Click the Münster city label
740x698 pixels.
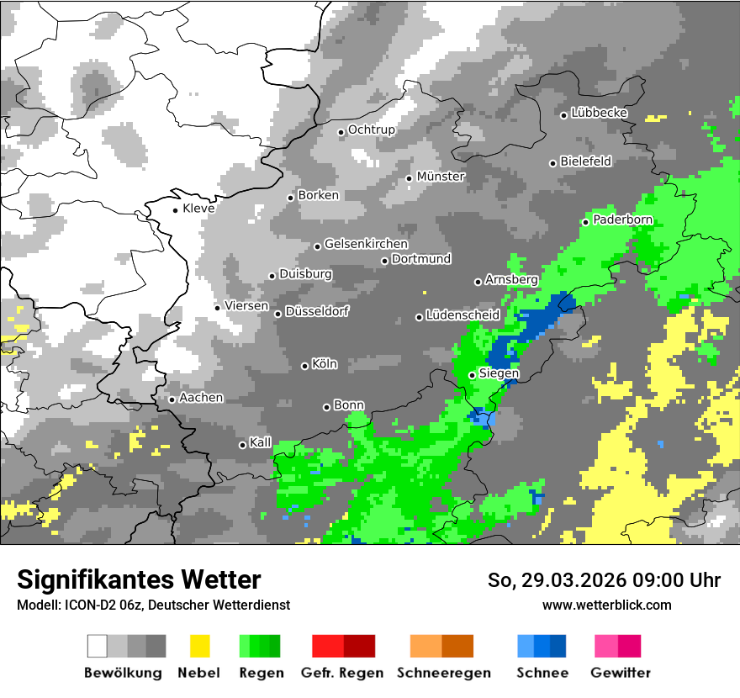pyautogui.click(x=441, y=177)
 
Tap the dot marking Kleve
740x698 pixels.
pyautogui.click(x=175, y=210)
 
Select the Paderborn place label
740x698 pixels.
pyautogui.click(x=622, y=220)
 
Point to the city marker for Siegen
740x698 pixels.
pyautogui.click(x=472, y=375)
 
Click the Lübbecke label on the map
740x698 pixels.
pyautogui.click(x=600, y=113)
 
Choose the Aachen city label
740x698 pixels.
pyautogui.click(x=201, y=398)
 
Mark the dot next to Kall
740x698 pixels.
pyautogui.click(x=242, y=445)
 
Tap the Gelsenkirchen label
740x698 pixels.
pyautogui.click(x=366, y=245)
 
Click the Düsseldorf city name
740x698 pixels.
pyautogui.click(x=317, y=311)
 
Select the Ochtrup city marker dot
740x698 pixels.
pyautogui.click(x=341, y=132)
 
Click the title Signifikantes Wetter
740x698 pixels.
pyautogui.click(x=139, y=579)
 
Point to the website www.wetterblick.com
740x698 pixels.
pyautogui.click(x=606, y=605)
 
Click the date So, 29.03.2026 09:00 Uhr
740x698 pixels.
pyautogui.click(x=604, y=580)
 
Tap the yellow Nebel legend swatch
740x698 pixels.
pyautogui.click(x=199, y=646)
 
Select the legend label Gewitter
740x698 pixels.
pyautogui.click(x=621, y=673)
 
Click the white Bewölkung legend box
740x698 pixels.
pyautogui.click(x=98, y=646)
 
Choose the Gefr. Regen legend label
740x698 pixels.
pyautogui.click(x=342, y=673)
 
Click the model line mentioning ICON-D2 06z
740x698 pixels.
pyautogui.click(x=153, y=605)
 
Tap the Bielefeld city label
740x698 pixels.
pyautogui.click(x=585, y=161)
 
